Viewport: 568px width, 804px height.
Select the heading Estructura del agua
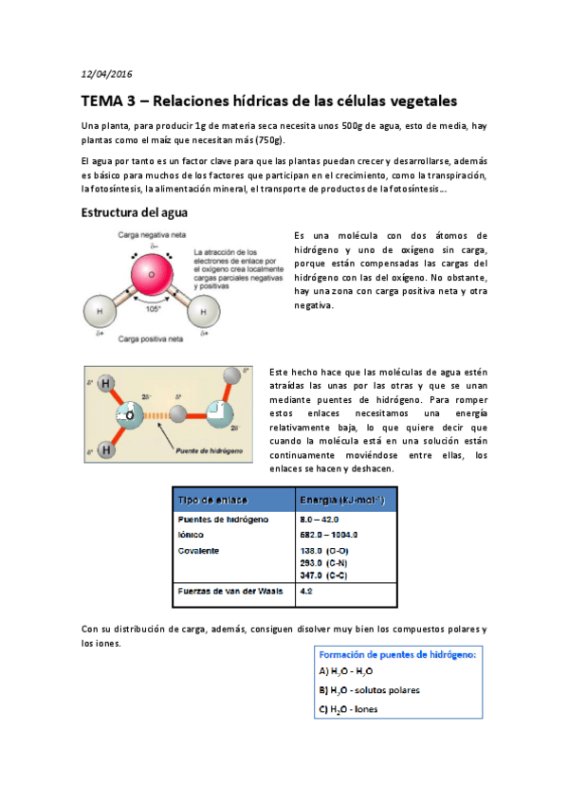(134, 212)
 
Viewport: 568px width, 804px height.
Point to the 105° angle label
(152, 309)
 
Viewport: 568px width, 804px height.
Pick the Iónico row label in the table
(192, 535)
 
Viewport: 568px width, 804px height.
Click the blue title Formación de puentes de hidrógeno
(398, 654)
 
